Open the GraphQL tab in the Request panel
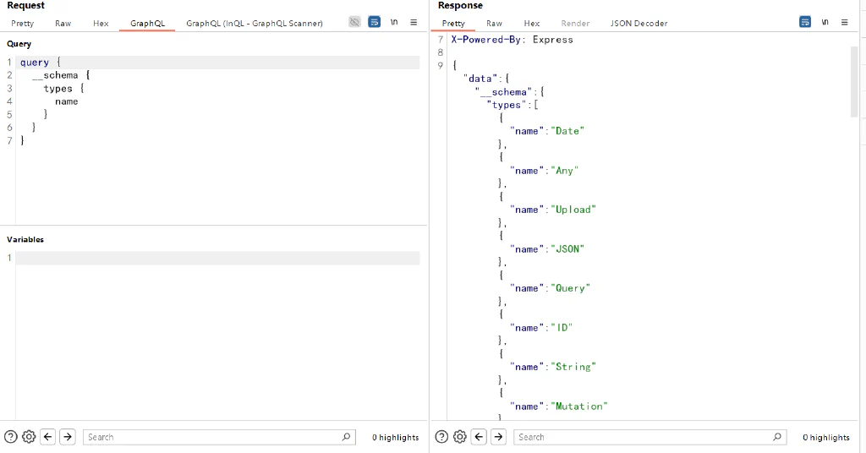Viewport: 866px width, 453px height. click(x=147, y=23)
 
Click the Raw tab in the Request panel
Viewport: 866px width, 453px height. click(x=63, y=23)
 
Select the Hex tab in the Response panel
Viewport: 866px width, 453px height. click(x=531, y=23)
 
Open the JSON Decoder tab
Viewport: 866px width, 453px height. click(x=639, y=23)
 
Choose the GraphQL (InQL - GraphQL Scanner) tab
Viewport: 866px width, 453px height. click(x=254, y=23)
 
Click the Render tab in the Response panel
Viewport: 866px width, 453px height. click(x=575, y=23)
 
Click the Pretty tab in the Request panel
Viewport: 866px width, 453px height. click(x=22, y=23)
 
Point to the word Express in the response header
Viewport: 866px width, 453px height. click(x=553, y=40)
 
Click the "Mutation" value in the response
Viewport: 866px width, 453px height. click(x=578, y=407)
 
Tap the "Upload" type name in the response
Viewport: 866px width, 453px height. click(x=573, y=210)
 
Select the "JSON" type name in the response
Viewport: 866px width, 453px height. click(x=567, y=248)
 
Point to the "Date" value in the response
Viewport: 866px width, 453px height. click(x=567, y=131)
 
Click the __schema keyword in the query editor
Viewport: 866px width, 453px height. click(x=55, y=75)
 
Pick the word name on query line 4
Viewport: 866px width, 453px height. click(x=66, y=101)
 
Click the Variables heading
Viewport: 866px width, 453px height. click(x=25, y=239)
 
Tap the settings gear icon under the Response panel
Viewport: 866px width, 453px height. click(x=459, y=437)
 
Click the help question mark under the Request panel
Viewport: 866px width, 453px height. click(x=10, y=437)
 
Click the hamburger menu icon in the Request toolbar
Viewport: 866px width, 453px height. click(x=414, y=22)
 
